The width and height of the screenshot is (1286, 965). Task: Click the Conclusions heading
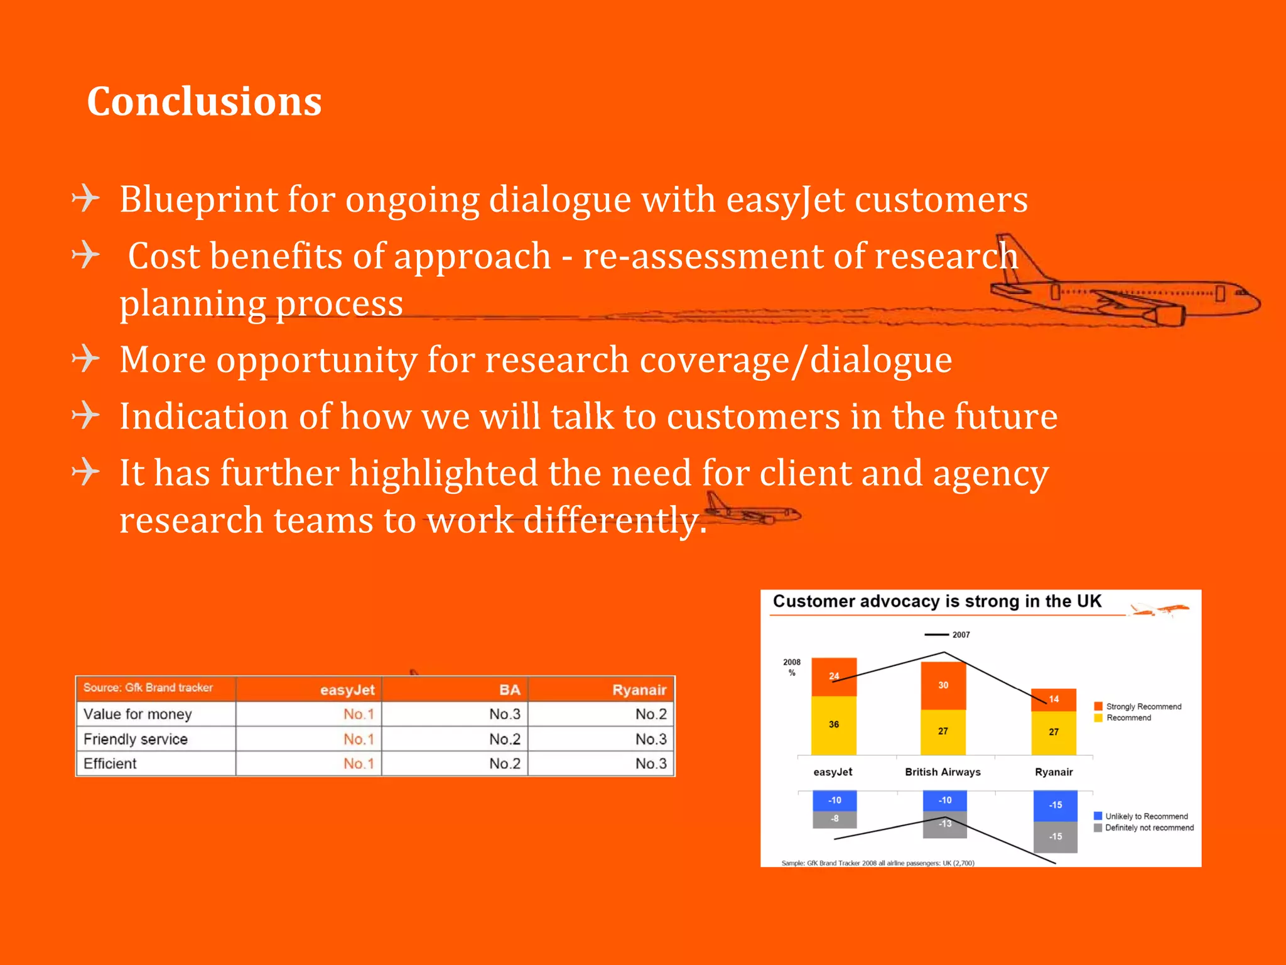tap(204, 101)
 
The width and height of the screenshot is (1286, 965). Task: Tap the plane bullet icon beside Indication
tap(86, 415)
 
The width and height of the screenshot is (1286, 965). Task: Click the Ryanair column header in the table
tap(639, 690)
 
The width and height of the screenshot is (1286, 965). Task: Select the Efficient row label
tap(111, 763)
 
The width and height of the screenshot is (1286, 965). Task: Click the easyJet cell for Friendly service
tap(358, 739)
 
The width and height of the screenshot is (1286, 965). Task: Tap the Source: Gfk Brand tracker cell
tap(148, 688)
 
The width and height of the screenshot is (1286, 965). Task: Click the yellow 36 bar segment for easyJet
tap(834, 725)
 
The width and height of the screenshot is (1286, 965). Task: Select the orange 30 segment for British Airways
tap(943, 685)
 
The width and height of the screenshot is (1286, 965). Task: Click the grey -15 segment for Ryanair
tap(1056, 837)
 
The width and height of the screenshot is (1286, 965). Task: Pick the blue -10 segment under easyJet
tap(835, 800)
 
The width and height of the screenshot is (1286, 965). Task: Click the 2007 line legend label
tap(960, 635)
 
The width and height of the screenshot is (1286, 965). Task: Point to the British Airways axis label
tap(943, 772)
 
